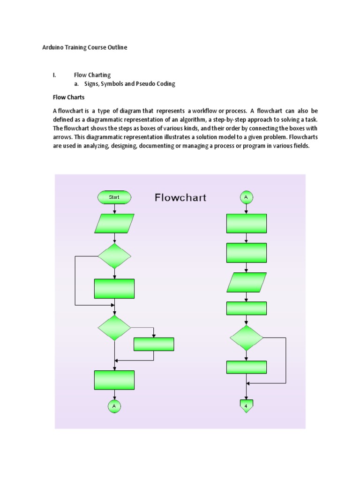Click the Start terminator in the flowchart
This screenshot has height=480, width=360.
(114, 197)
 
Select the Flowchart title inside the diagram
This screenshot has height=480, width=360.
(180, 197)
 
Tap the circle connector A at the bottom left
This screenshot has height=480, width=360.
(114, 406)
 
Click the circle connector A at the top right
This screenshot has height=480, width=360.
(246, 197)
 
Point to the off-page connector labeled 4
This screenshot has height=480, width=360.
(246, 406)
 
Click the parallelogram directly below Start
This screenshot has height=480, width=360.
(114, 224)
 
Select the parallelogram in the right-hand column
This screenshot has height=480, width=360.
(246, 283)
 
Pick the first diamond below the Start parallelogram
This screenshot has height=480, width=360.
(114, 256)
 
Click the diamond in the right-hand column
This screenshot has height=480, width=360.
(246, 338)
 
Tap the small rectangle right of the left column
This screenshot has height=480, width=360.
(154, 345)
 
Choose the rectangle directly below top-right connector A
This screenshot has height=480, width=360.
(246, 224)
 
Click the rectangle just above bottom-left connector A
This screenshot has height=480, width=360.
(114, 380)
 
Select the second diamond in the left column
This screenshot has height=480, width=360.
(114, 328)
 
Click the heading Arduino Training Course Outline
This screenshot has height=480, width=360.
(85, 47)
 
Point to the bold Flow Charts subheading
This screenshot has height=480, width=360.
(68, 97)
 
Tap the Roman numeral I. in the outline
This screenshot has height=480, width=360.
(54, 75)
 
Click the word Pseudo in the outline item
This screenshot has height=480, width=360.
(146, 84)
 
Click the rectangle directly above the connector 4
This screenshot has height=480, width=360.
(246, 367)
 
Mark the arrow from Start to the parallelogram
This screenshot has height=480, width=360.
(114, 209)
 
